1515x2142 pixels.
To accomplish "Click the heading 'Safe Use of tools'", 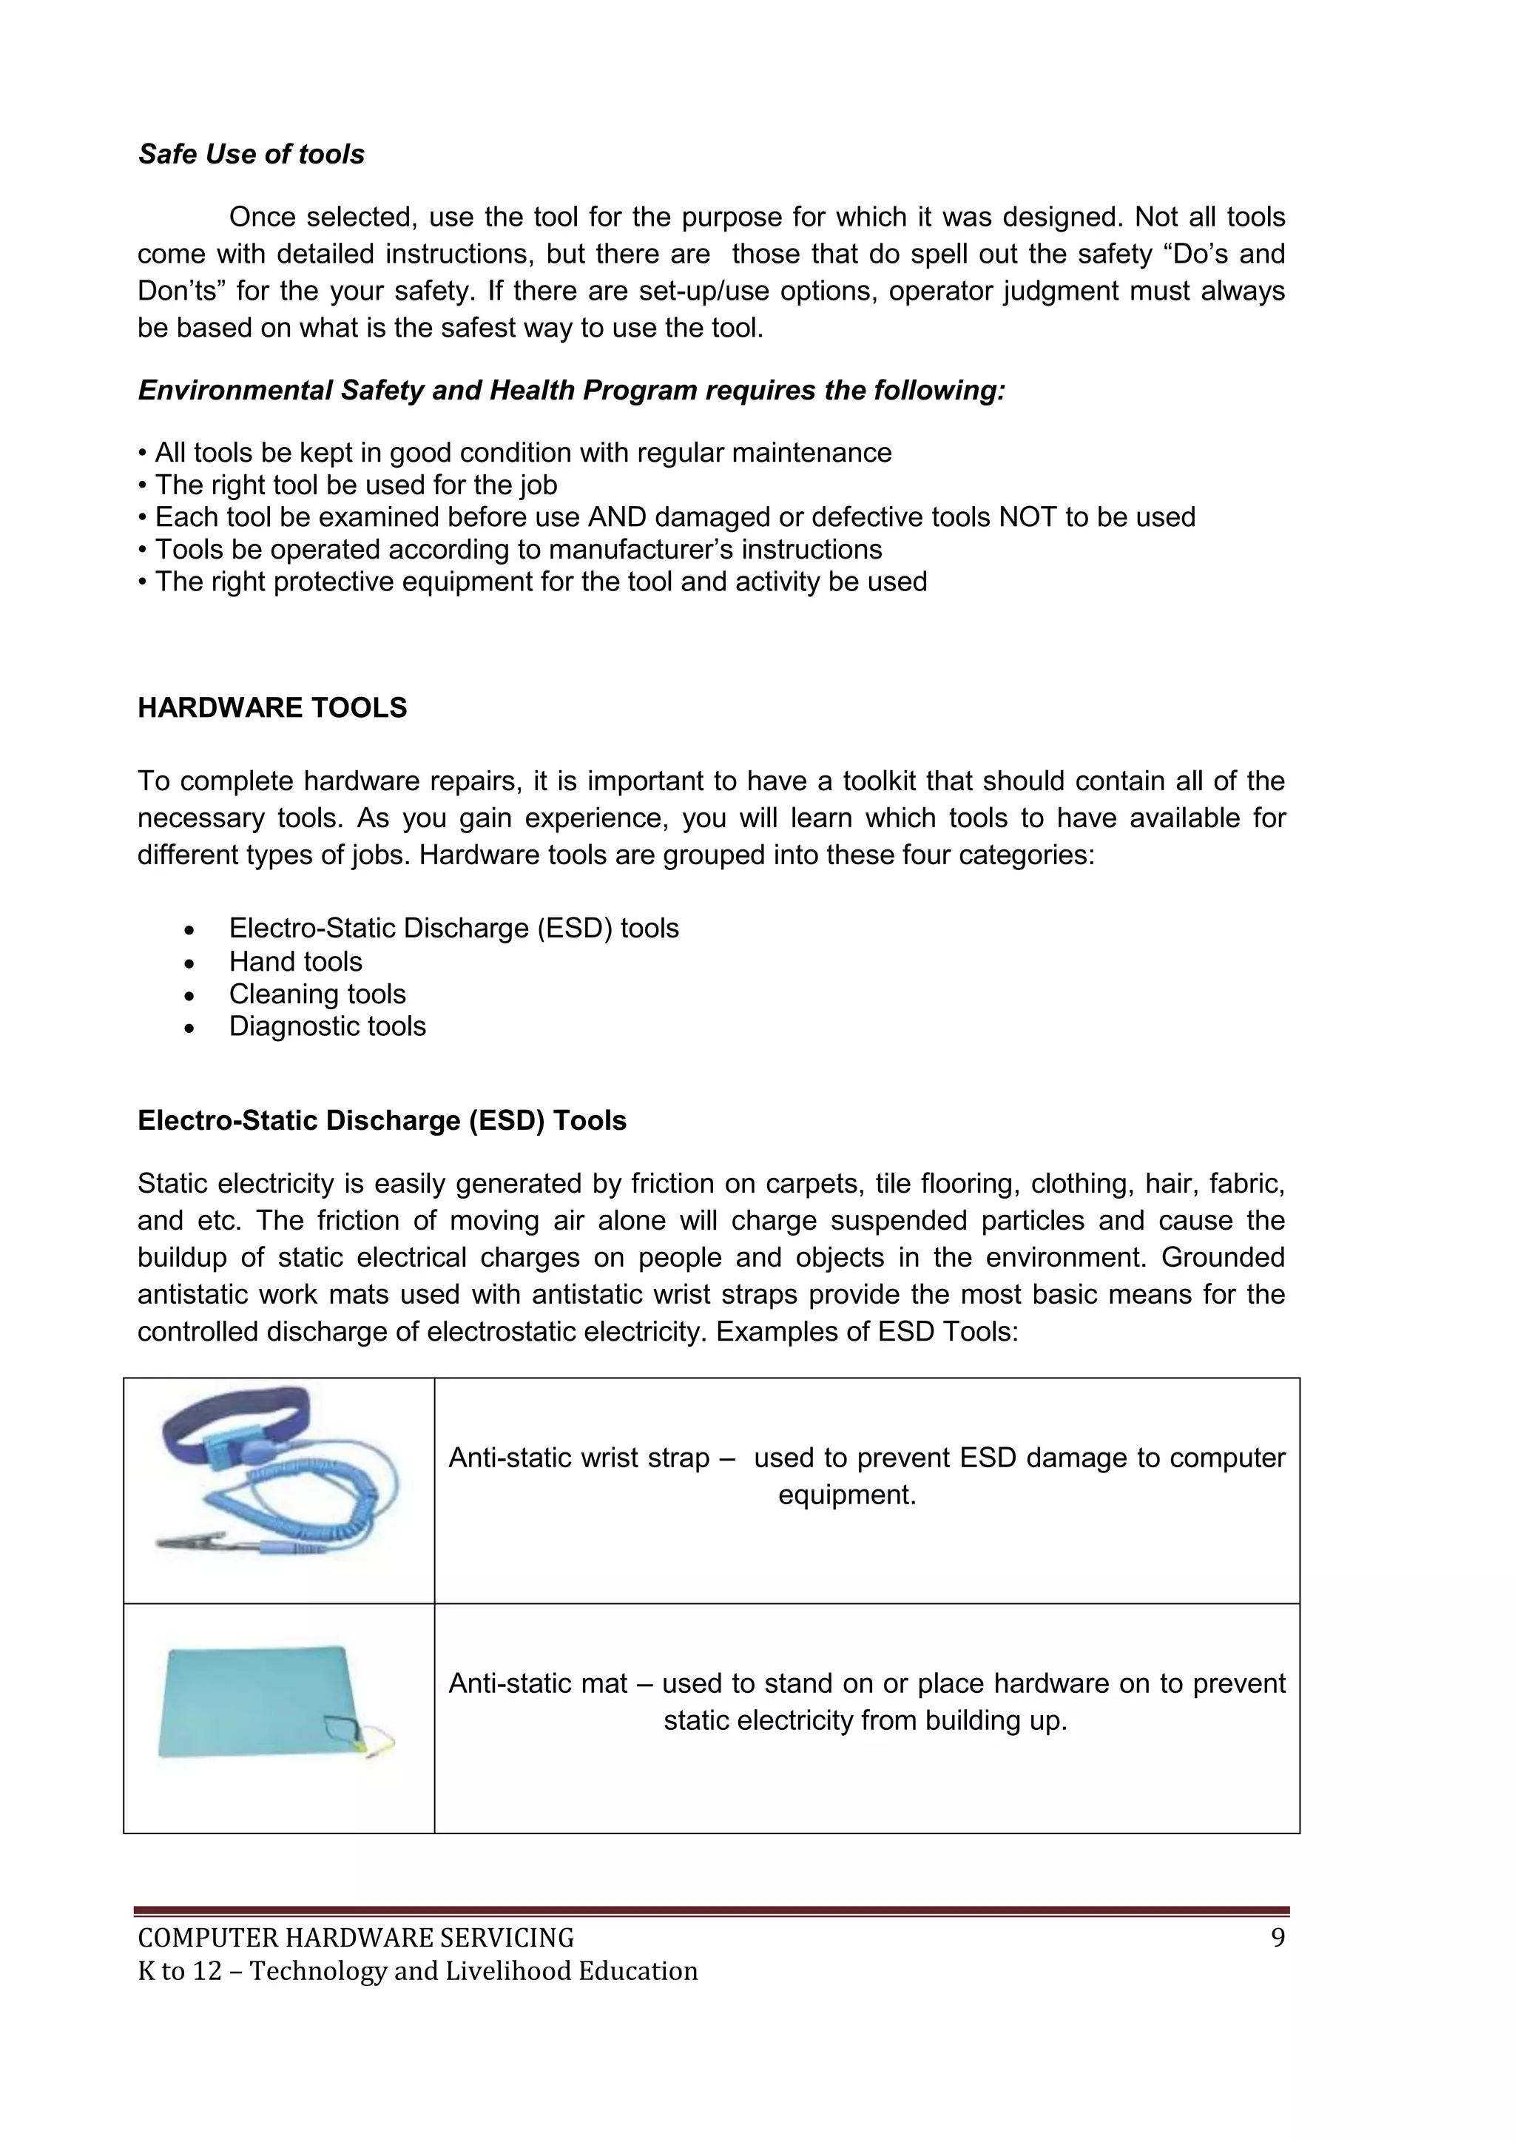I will [x=251, y=154].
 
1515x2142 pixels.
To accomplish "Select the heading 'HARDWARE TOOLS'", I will [x=272, y=708].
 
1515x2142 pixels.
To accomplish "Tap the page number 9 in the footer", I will [x=1277, y=1939].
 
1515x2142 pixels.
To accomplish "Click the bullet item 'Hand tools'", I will [x=295, y=961].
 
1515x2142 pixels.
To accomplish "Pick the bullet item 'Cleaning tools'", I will [x=317, y=994].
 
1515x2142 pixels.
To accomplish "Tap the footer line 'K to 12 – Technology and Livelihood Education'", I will [x=417, y=1971].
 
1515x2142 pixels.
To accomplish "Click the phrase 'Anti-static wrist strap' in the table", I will [x=578, y=1458].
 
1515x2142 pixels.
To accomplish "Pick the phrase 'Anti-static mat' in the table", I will [x=537, y=1684].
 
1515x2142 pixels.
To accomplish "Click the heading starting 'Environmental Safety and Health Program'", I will [x=571, y=390].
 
